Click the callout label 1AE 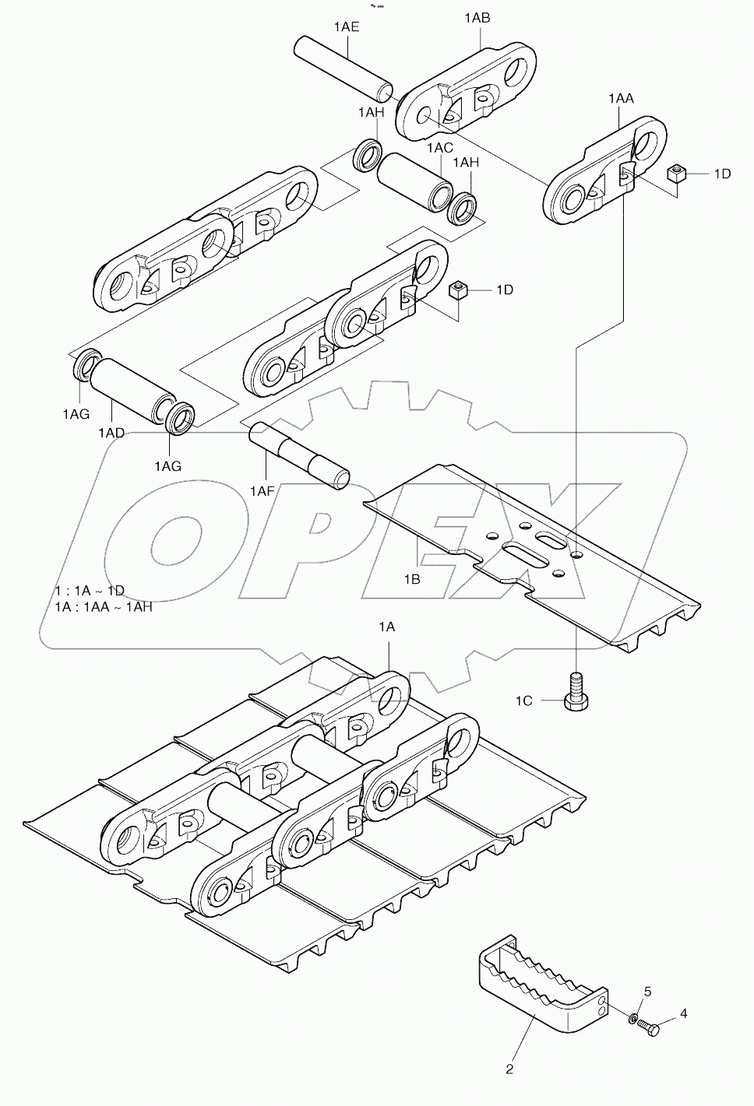347,26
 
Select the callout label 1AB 477,17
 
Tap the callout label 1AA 621,98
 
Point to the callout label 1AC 439,147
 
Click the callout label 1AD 111,432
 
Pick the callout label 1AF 263,490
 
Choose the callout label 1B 412,579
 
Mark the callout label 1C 523,700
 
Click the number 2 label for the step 509,1069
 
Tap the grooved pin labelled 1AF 299,455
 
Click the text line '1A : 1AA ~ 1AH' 104,606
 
